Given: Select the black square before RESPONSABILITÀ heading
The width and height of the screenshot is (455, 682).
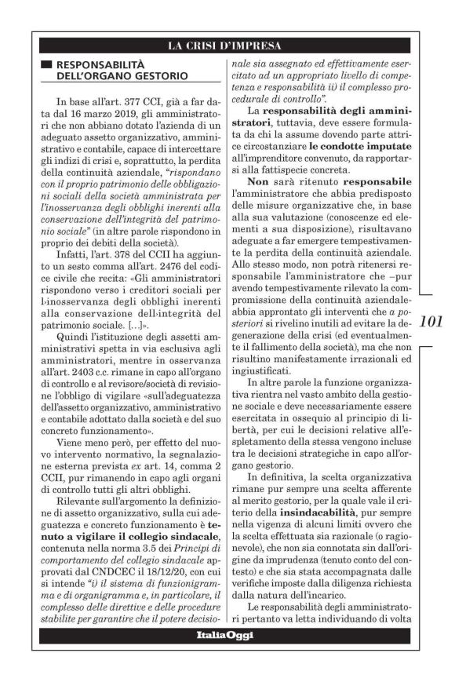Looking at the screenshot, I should point(46,64).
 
